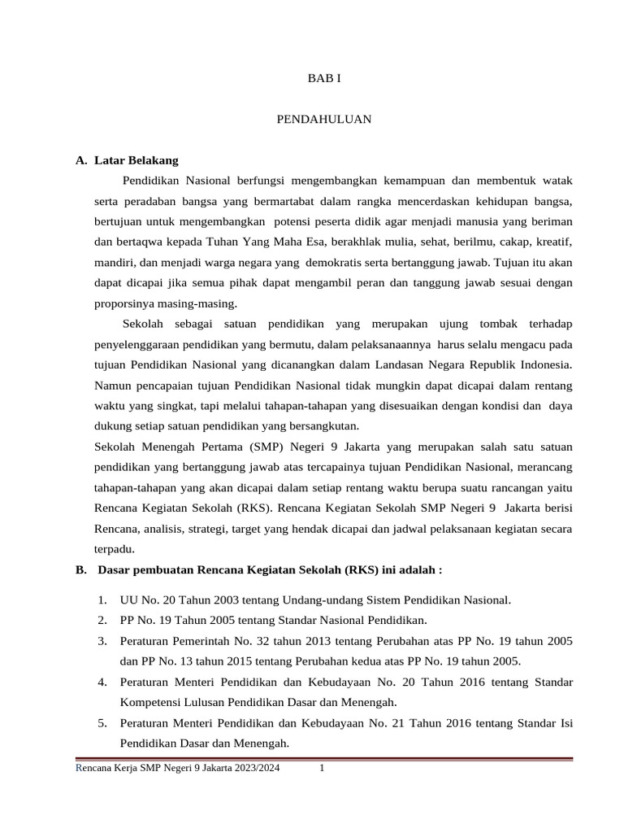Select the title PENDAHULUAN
(324, 119)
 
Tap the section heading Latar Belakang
(136, 160)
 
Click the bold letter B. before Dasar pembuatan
(81, 570)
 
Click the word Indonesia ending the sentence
(544, 365)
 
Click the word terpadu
(113, 549)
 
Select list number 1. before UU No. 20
(102, 600)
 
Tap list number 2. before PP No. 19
(102, 621)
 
